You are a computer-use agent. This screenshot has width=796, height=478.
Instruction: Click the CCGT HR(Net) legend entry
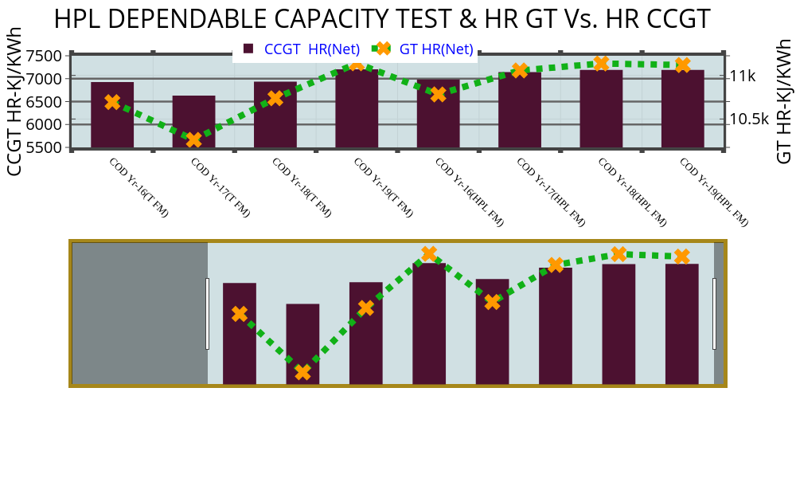click(x=302, y=49)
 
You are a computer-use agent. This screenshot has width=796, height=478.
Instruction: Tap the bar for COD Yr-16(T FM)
click(x=112, y=115)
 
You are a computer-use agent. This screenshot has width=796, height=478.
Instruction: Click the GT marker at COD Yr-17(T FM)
click(x=193, y=140)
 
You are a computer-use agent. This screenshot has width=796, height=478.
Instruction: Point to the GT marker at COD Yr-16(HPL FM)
click(x=438, y=95)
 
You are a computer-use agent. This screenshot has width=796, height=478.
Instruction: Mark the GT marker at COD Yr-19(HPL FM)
click(x=682, y=65)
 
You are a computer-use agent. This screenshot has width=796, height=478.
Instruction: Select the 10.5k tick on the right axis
click(x=749, y=119)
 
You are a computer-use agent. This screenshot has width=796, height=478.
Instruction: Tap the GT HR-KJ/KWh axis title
click(x=784, y=101)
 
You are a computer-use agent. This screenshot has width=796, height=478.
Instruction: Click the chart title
click(x=382, y=19)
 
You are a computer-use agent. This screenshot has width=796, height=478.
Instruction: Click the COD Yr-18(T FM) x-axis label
click(x=301, y=187)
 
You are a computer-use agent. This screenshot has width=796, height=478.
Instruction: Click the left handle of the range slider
click(x=208, y=313)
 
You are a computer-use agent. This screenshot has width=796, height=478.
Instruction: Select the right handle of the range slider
click(x=714, y=313)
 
